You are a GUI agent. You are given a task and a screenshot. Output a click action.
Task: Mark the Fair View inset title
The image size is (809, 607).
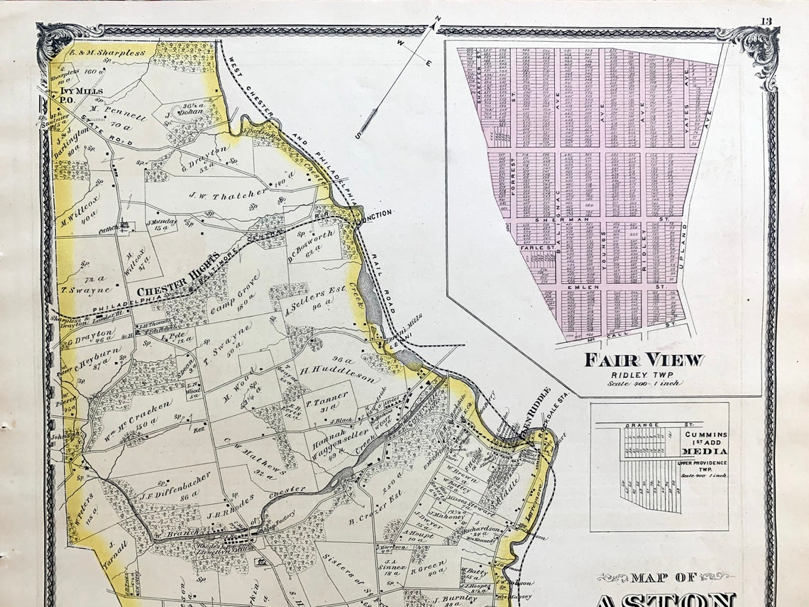coord(644,360)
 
